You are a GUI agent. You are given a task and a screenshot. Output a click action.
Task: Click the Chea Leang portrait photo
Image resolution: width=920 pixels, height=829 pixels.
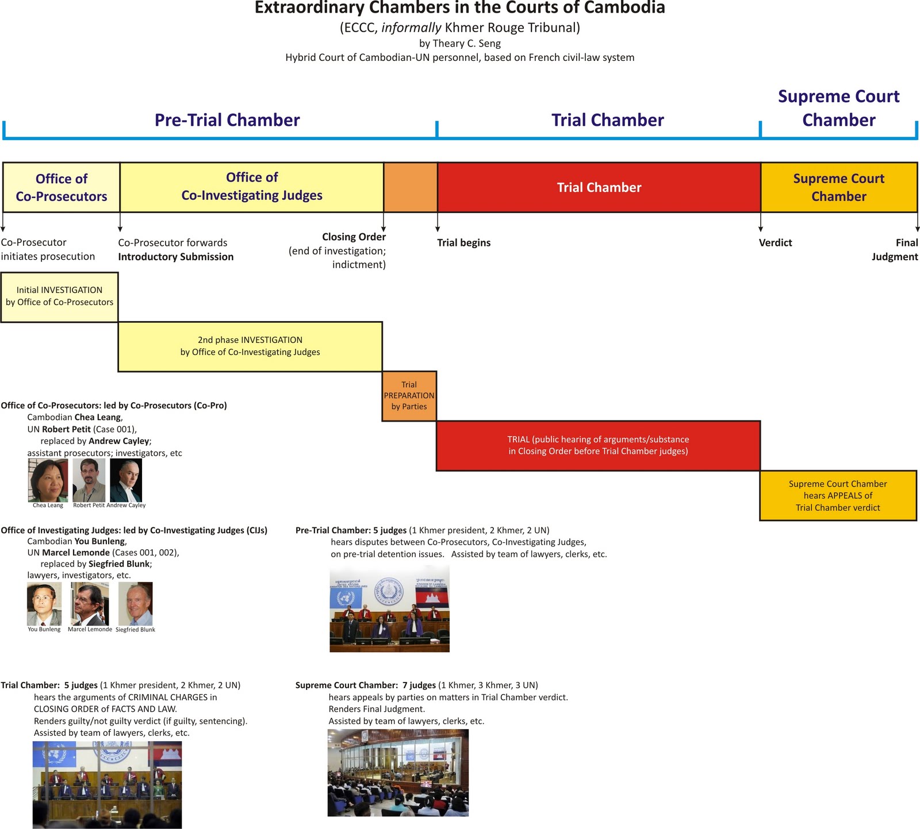click(48, 480)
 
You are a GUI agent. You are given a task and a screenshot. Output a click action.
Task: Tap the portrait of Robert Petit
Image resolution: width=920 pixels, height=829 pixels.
click(89, 480)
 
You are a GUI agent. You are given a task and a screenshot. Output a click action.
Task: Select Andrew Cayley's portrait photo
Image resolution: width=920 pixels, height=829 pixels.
click(126, 480)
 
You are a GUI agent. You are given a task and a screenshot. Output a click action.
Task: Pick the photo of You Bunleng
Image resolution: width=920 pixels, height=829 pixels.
click(44, 604)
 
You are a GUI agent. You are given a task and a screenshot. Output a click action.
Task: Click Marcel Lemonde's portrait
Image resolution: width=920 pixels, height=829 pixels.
click(89, 604)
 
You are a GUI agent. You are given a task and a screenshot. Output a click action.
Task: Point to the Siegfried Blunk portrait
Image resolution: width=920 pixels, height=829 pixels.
click(136, 604)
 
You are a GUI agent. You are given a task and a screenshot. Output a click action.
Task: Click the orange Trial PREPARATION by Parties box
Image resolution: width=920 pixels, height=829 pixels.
click(409, 396)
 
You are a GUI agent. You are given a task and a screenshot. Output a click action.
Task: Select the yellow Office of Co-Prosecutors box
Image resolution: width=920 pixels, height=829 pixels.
click(62, 187)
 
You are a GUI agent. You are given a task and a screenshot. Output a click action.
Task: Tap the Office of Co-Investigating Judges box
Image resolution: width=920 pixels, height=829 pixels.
click(252, 187)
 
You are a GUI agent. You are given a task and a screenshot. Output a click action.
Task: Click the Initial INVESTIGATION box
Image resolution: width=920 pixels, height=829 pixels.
click(59, 296)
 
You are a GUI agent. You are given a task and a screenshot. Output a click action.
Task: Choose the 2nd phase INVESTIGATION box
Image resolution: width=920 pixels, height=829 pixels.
click(250, 346)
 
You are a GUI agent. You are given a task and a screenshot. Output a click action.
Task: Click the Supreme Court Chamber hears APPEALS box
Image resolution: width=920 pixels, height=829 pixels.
click(838, 495)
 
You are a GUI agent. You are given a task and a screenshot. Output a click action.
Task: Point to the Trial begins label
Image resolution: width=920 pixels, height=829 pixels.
click(463, 242)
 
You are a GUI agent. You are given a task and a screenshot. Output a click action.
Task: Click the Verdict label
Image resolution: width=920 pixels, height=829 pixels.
click(775, 242)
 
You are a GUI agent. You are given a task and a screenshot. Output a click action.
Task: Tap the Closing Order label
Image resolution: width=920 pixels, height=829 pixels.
click(354, 237)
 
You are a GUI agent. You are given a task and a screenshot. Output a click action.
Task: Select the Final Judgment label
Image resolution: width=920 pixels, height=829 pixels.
click(895, 249)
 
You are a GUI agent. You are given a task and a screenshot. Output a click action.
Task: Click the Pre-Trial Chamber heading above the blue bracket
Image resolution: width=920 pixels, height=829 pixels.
click(227, 120)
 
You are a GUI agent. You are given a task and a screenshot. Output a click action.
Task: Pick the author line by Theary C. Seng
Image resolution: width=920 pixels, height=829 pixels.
click(460, 43)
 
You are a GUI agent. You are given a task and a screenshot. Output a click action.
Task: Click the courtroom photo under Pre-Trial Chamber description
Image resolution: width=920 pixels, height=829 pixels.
click(389, 608)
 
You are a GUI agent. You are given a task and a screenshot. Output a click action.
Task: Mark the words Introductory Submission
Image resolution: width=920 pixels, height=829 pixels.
click(176, 257)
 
